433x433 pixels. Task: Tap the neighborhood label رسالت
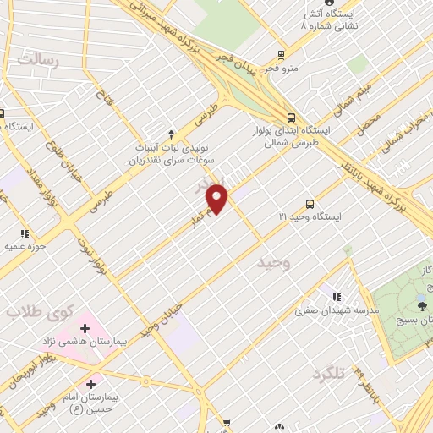[x=41, y=60]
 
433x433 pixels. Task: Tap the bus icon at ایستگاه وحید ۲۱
[x=310, y=204]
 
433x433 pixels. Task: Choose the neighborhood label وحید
[x=272, y=263]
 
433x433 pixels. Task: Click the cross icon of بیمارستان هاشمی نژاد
[x=85, y=328]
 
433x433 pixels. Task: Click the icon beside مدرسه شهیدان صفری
[x=337, y=297]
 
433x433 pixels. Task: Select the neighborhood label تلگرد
[x=329, y=373]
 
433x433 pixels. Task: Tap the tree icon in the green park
[x=421, y=305]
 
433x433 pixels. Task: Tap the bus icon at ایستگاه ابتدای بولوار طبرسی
[x=291, y=118]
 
